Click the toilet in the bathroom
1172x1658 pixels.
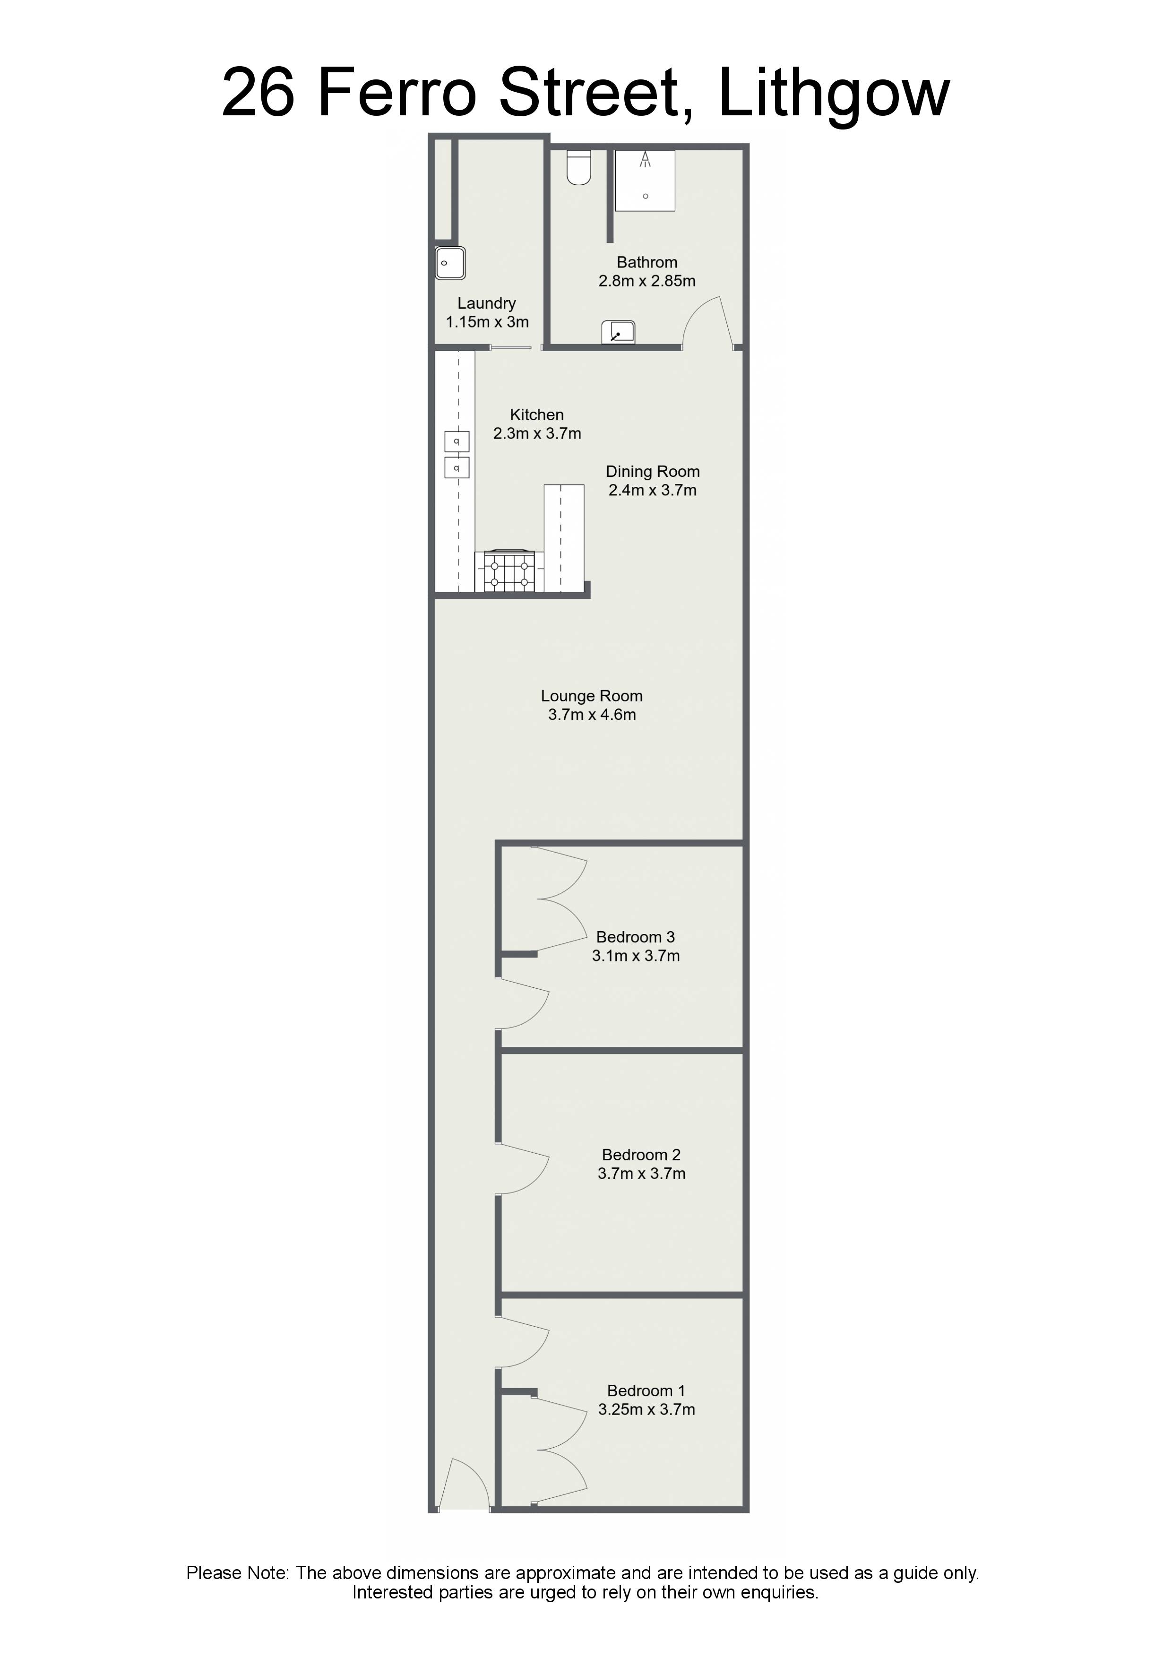click(578, 167)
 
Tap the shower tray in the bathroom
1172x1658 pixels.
click(645, 181)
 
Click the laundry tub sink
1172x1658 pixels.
click(450, 263)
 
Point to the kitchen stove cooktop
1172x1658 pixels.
click(509, 571)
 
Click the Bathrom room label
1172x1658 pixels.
click(647, 262)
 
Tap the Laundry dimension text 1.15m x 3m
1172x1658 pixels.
click(487, 322)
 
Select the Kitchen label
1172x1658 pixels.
click(536, 414)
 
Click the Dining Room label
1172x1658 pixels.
click(653, 472)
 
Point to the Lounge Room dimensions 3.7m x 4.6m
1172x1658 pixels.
click(592, 715)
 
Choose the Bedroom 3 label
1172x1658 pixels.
click(636, 937)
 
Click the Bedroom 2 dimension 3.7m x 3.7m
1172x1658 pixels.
click(641, 1174)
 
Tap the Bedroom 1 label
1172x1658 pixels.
click(646, 1391)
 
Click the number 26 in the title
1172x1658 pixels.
click(258, 93)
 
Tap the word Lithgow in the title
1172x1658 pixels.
click(834, 95)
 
